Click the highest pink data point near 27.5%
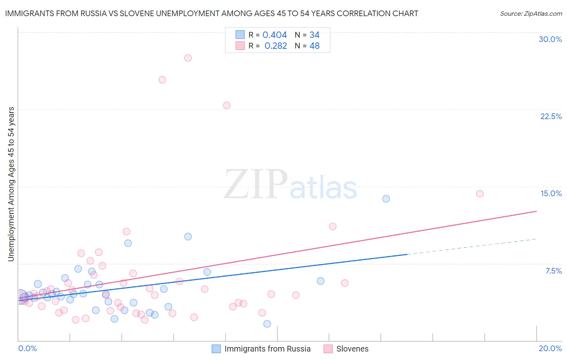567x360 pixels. (x=188, y=58)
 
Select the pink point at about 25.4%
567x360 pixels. (x=162, y=80)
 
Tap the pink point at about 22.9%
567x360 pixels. (x=227, y=105)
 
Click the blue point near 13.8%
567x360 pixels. (x=386, y=199)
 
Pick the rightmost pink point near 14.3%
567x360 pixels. (x=479, y=194)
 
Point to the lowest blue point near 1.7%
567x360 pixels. (x=267, y=324)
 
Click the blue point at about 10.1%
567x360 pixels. (x=188, y=237)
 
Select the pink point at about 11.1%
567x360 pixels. (x=333, y=226)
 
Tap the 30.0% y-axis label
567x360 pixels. (x=550, y=39)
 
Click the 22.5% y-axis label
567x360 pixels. (x=551, y=116)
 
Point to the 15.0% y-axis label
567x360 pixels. (x=551, y=193)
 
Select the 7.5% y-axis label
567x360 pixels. (x=553, y=271)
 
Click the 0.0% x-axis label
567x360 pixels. (x=27, y=348)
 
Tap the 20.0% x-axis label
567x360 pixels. (x=550, y=348)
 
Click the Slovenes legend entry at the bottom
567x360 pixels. (x=352, y=349)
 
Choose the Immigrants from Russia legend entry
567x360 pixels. (x=267, y=349)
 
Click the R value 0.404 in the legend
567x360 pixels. (x=275, y=35)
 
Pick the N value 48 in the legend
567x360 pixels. (x=315, y=46)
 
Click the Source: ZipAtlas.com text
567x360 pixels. (x=531, y=14)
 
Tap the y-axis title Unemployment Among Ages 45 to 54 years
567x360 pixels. (x=11, y=184)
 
